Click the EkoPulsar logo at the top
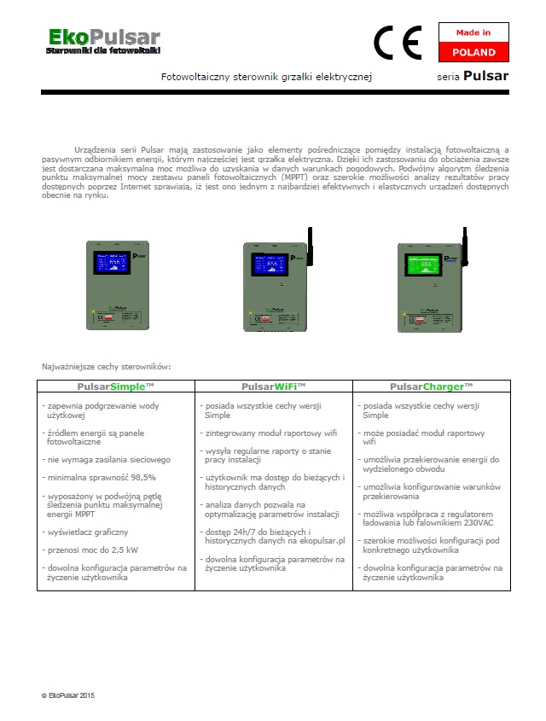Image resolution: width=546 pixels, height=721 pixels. [103, 40]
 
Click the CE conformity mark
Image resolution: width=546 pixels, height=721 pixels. [397, 42]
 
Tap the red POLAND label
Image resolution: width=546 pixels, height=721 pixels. [473, 52]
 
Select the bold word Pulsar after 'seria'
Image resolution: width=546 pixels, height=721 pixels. [485, 76]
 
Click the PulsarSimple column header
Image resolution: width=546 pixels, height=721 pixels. [115, 387]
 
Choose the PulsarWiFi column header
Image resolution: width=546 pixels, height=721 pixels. [273, 387]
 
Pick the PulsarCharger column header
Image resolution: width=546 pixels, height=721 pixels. [431, 387]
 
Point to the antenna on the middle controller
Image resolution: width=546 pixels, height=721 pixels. [309, 239]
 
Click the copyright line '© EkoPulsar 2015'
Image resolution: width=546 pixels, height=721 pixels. [68, 695]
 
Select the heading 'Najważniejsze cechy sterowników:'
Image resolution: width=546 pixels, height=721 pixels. [107, 366]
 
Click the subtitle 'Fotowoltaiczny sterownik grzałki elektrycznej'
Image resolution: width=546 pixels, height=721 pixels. [266, 77]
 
